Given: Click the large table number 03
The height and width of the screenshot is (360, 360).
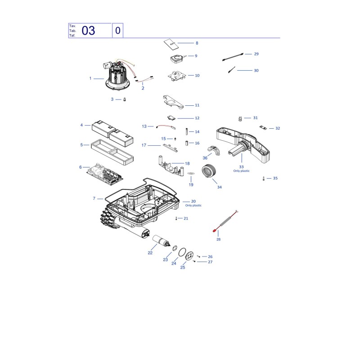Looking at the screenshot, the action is [x=88, y=31].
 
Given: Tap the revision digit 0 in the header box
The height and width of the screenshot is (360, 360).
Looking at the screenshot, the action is [x=118, y=31].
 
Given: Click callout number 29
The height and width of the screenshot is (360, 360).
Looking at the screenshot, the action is [x=256, y=54].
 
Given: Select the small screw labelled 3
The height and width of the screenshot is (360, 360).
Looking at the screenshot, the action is [x=125, y=99].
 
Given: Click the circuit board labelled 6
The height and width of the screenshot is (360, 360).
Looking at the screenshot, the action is [x=105, y=174].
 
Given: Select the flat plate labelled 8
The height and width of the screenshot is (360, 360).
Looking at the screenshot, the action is [x=171, y=45].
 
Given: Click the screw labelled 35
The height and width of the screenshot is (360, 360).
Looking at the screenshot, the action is [x=264, y=178].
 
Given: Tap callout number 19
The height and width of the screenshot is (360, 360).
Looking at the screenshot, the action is [x=191, y=184].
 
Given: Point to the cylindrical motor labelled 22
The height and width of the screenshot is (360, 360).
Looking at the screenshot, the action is [x=162, y=241].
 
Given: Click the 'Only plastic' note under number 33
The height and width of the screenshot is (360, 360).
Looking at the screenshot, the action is [x=241, y=171].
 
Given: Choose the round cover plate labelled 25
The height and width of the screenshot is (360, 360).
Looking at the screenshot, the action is [x=189, y=256].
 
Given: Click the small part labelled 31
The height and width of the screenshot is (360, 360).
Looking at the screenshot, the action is [x=240, y=119].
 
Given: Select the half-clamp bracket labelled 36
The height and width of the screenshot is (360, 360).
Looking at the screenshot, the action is [x=214, y=150].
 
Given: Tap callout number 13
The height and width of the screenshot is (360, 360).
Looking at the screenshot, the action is [x=144, y=126].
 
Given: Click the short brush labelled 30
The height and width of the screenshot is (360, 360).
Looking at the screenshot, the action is [x=232, y=70].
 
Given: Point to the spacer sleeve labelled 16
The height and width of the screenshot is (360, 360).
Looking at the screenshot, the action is [x=187, y=143].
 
